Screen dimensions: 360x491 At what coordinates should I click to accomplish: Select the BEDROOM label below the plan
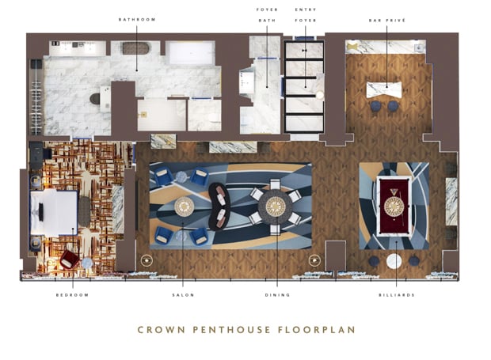(x=73, y=294)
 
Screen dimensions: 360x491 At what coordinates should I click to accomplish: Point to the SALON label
(x=184, y=294)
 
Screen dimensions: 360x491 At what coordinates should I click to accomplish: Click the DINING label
(x=277, y=294)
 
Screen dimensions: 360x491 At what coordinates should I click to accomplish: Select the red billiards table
(x=394, y=205)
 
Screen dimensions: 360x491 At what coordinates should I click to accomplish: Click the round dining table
(x=275, y=206)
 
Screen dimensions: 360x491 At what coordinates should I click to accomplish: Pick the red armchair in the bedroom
(x=70, y=259)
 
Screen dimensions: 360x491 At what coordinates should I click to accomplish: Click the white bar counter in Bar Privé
(x=387, y=89)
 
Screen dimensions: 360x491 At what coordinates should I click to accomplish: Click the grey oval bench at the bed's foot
(x=85, y=211)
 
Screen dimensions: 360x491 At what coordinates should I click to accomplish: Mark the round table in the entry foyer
(x=320, y=95)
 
